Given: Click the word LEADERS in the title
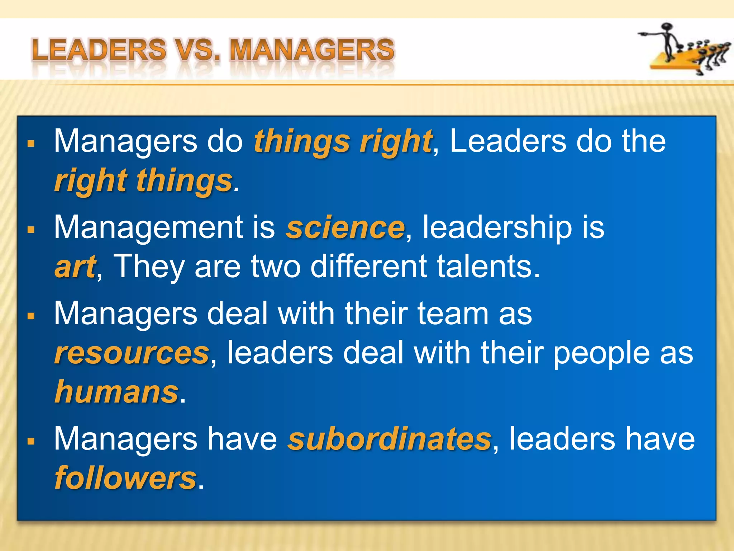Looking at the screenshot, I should pos(99,50).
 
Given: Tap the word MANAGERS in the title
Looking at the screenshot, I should pos(312,50).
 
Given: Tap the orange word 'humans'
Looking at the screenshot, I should pos(116,392).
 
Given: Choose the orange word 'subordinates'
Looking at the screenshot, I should pos(390,439).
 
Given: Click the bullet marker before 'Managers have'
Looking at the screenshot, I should pos(31,441).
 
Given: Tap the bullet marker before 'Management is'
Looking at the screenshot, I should pos(31,230).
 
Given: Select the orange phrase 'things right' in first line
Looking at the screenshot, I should pos(343,142).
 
